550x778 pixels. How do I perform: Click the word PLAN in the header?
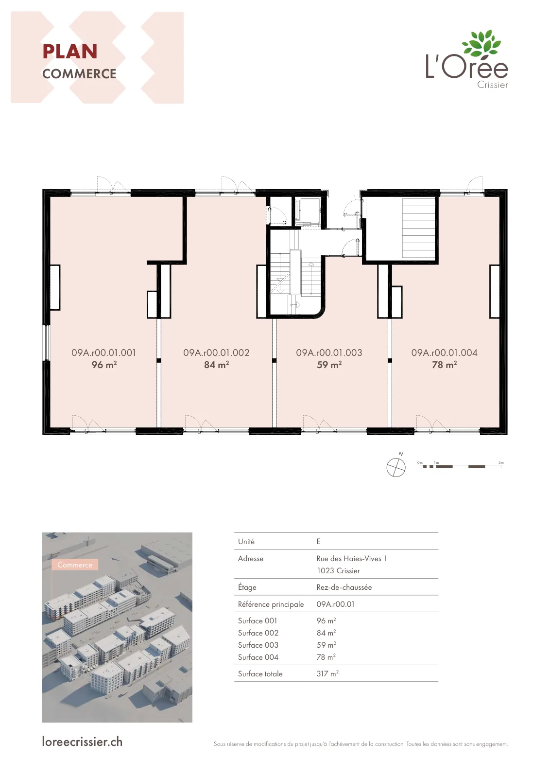(70, 52)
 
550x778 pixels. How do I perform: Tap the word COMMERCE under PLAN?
(79, 74)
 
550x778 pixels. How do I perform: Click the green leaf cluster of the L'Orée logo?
(481, 44)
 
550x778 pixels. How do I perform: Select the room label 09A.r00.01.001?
(104, 353)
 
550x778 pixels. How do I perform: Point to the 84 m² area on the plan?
(217, 365)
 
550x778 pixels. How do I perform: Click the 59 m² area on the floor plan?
(329, 365)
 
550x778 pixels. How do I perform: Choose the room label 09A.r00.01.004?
(444, 353)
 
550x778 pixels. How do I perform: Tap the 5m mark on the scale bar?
(501, 462)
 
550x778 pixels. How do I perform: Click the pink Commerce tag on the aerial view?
(75, 565)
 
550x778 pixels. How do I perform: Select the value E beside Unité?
(319, 542)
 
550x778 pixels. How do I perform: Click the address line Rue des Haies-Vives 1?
(351, 559)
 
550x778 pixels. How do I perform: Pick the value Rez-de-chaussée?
(344, 587)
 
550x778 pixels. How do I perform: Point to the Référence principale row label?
(271, 604)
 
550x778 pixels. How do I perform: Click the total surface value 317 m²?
(327, 673)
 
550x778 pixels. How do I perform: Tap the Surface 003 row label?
(258, 645)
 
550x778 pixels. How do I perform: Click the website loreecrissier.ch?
(82, 742)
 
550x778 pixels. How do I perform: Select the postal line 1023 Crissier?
(338, 571)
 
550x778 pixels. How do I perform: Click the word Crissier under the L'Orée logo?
(492, 85)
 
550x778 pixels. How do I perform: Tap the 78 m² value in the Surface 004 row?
(326, 657)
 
